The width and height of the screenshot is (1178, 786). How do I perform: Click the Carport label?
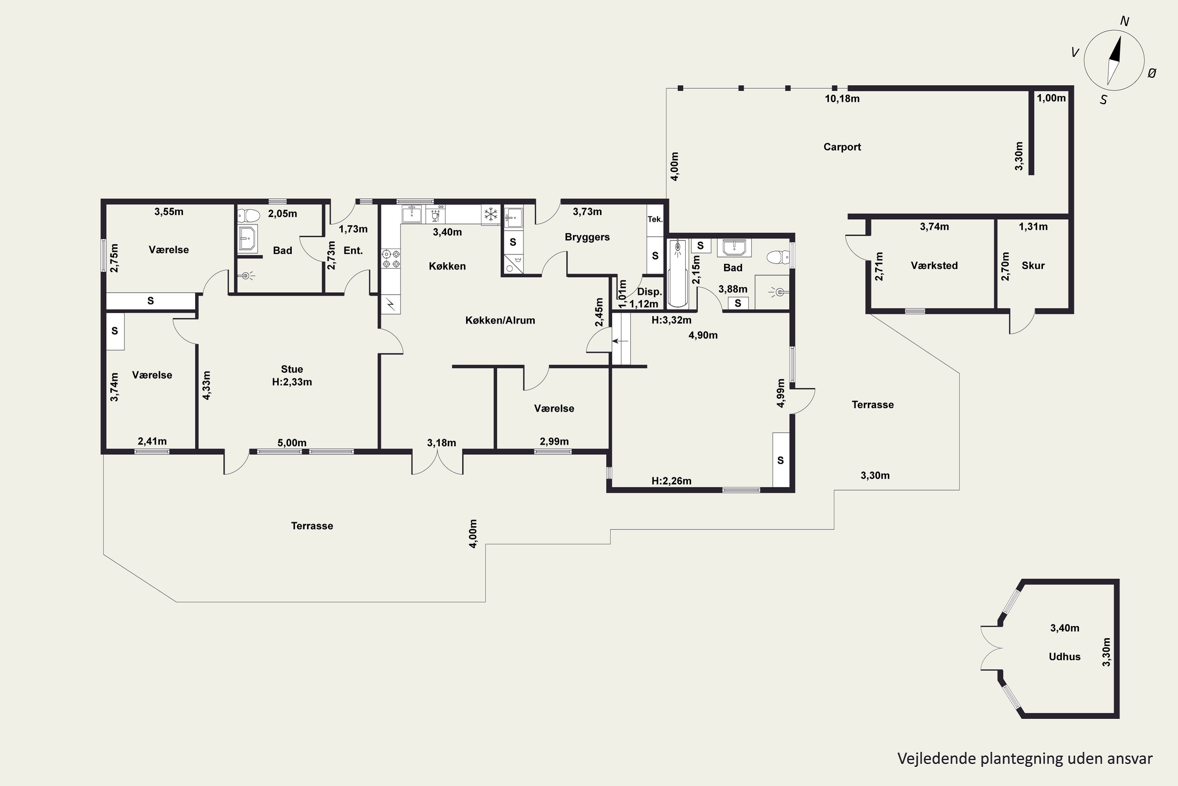(x=842, y=147)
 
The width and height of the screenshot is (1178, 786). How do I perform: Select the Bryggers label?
(x=587, y=237)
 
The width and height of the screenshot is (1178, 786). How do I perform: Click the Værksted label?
(x=934, y=266)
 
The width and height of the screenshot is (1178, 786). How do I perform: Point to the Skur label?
(x=1033, y=266)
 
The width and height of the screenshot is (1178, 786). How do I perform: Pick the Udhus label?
(x=1064, y=657)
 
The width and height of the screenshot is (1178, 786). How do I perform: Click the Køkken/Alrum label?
(x=500, y=320)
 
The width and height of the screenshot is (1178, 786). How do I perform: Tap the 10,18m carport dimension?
(x=842, y=99)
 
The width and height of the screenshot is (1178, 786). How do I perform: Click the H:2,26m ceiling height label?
(x=671, y=481)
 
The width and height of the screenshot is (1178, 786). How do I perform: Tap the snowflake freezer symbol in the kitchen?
(x=491, y=215)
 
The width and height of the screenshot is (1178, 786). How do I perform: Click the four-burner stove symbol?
(x=391, y=259)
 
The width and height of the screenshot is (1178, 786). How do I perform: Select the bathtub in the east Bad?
(x=678, y=274)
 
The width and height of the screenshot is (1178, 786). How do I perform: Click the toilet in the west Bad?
(x=249, y=215)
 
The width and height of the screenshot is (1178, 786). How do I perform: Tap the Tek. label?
(x=655, y=219)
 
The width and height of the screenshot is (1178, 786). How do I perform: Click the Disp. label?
(x=649, y=292)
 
